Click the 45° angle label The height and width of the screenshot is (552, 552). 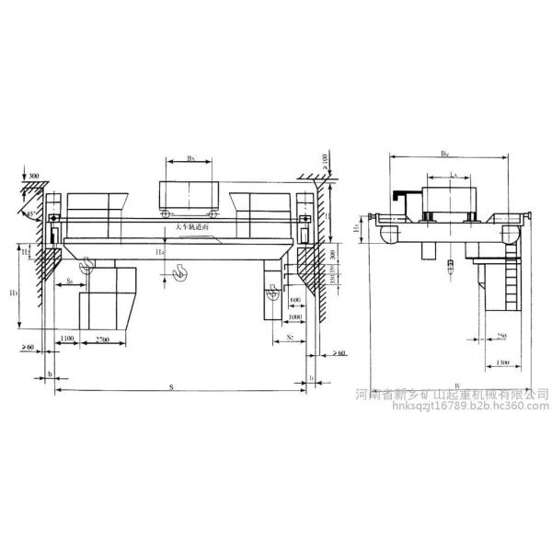pyautogui.click(x=30, y=213)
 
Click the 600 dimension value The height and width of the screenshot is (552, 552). pyautogui.click(x=295, y=299)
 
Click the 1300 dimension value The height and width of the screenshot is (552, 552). pyautogui.click(x=500, y=362)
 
